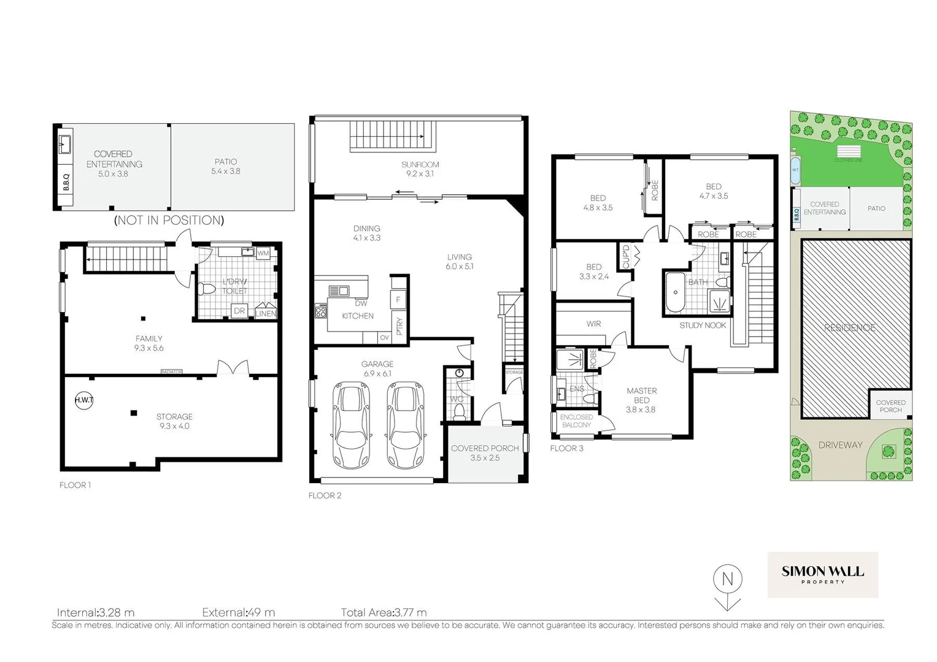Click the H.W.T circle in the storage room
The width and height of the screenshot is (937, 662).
(x=83, y=400)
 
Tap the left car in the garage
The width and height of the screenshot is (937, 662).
(x=350, y=424)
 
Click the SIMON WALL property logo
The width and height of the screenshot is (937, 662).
(x=822, y=574)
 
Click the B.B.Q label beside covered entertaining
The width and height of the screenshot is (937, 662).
(x=66, y=182)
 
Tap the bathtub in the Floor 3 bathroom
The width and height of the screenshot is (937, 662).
(x=675, y=292)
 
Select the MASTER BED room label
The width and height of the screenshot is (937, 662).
(x=641, y=395)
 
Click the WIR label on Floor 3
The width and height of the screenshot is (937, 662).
(x=593, y=324)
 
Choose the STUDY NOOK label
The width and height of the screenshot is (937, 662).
(x=703, y=325)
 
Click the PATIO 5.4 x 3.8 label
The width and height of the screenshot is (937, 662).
(x=226, y=167)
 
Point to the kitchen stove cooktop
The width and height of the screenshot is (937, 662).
(x=321, y=311)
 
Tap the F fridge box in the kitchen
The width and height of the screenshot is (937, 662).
(x=398, y=300)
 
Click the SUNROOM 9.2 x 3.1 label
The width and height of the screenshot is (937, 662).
(x=420, y=169)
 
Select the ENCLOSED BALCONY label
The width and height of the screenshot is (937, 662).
(x=576, y=420)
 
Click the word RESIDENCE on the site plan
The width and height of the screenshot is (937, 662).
(x=850, y=328)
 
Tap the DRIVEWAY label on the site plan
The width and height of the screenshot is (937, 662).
(x=840, y=445)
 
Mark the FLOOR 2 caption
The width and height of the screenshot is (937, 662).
(x=325, y=495)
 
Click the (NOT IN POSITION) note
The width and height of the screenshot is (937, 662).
(x=169, y=220)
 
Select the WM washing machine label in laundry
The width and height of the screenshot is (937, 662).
(x=263, y=253)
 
